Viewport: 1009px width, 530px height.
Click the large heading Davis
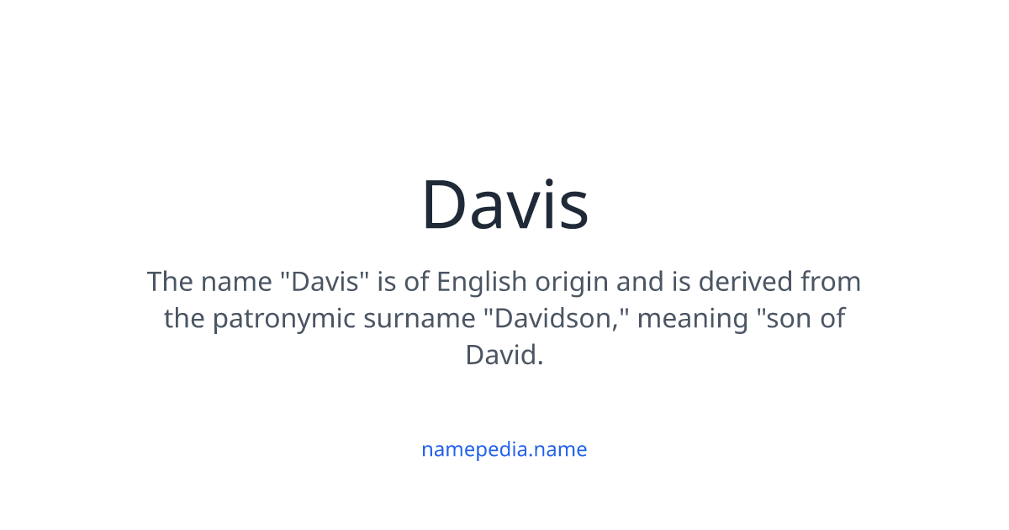pos(504,204)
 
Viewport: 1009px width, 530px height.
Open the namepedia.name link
pos(504,449)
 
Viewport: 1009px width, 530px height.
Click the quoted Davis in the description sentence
pos(327,281)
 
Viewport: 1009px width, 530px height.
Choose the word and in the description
pos(640,281)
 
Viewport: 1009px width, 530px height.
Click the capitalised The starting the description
pos(169,281)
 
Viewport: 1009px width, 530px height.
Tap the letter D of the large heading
pos(446,204)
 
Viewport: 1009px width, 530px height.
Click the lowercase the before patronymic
pos(184,319)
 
